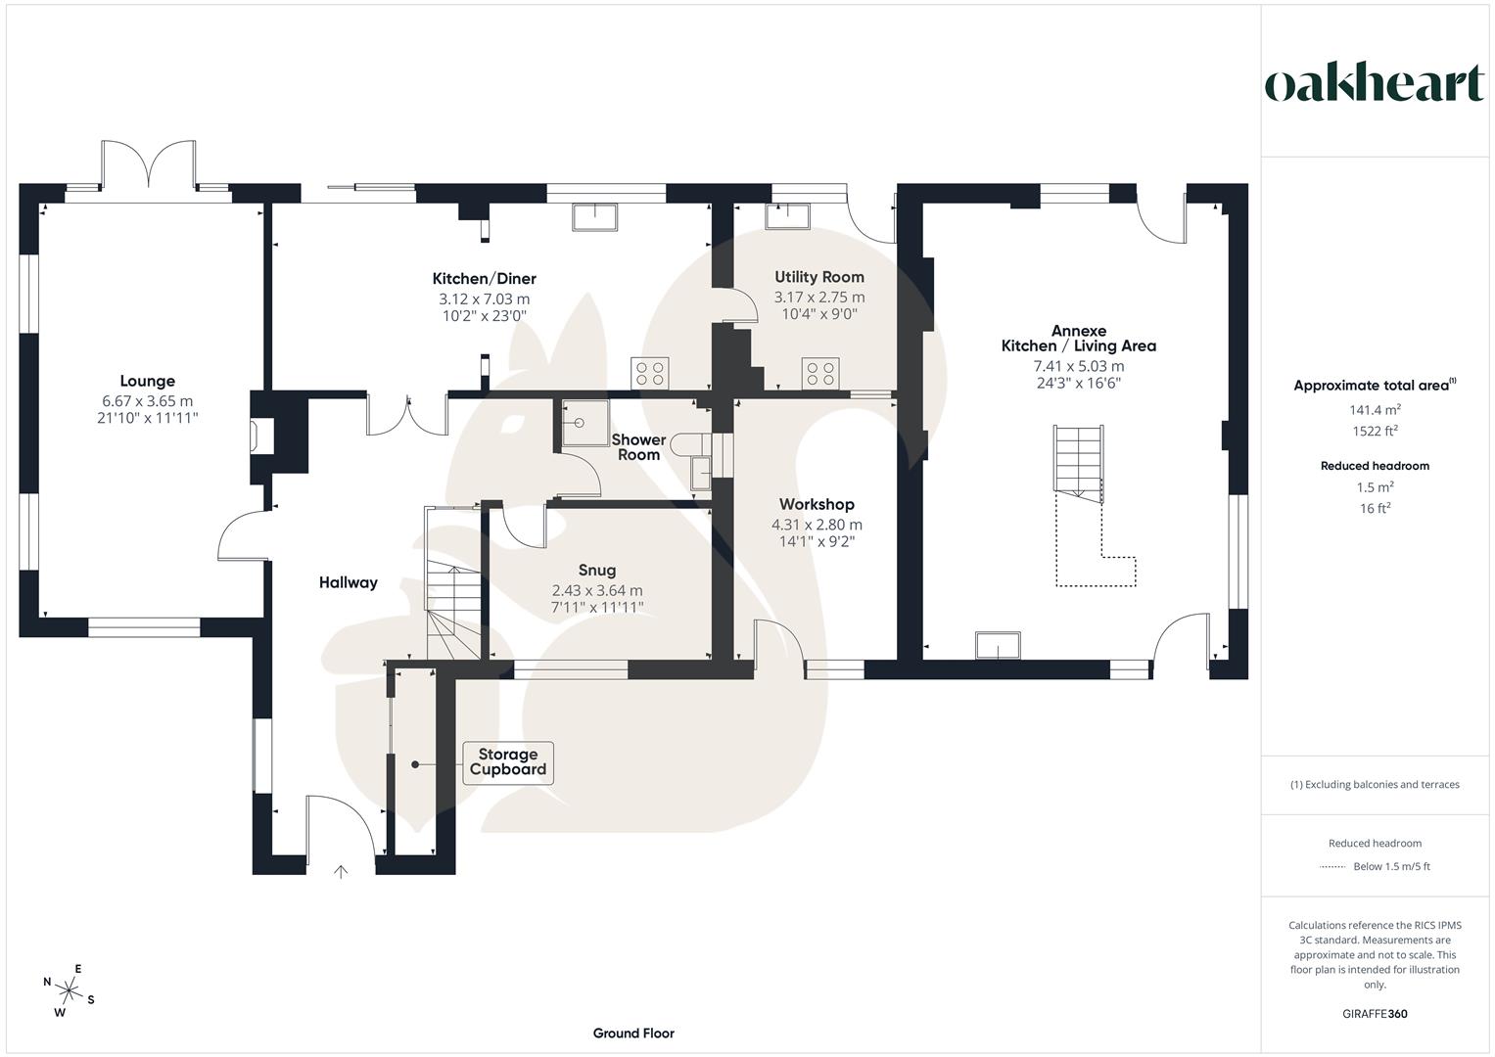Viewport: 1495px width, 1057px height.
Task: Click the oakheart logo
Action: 1374,84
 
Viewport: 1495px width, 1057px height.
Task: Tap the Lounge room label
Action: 148,382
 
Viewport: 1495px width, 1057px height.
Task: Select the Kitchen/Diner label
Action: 485,279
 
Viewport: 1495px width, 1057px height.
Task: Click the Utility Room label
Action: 819,277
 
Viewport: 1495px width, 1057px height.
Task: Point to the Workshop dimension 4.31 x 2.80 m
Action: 817,525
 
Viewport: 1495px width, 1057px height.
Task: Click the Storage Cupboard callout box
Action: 507,762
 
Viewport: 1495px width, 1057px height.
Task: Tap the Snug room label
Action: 597,571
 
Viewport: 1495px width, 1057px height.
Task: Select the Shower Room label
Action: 638,447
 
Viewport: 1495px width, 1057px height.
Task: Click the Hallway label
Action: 348,582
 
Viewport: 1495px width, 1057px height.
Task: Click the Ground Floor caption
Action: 633,1034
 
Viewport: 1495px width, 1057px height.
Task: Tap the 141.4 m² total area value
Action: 1375,410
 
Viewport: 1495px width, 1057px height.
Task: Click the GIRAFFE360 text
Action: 1375,1014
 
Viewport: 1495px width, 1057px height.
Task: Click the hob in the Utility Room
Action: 820,373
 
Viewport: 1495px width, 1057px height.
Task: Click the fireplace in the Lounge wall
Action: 260,437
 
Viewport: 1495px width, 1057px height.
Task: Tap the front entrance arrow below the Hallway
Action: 341,870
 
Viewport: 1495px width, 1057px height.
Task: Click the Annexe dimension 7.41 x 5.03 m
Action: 1078,366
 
